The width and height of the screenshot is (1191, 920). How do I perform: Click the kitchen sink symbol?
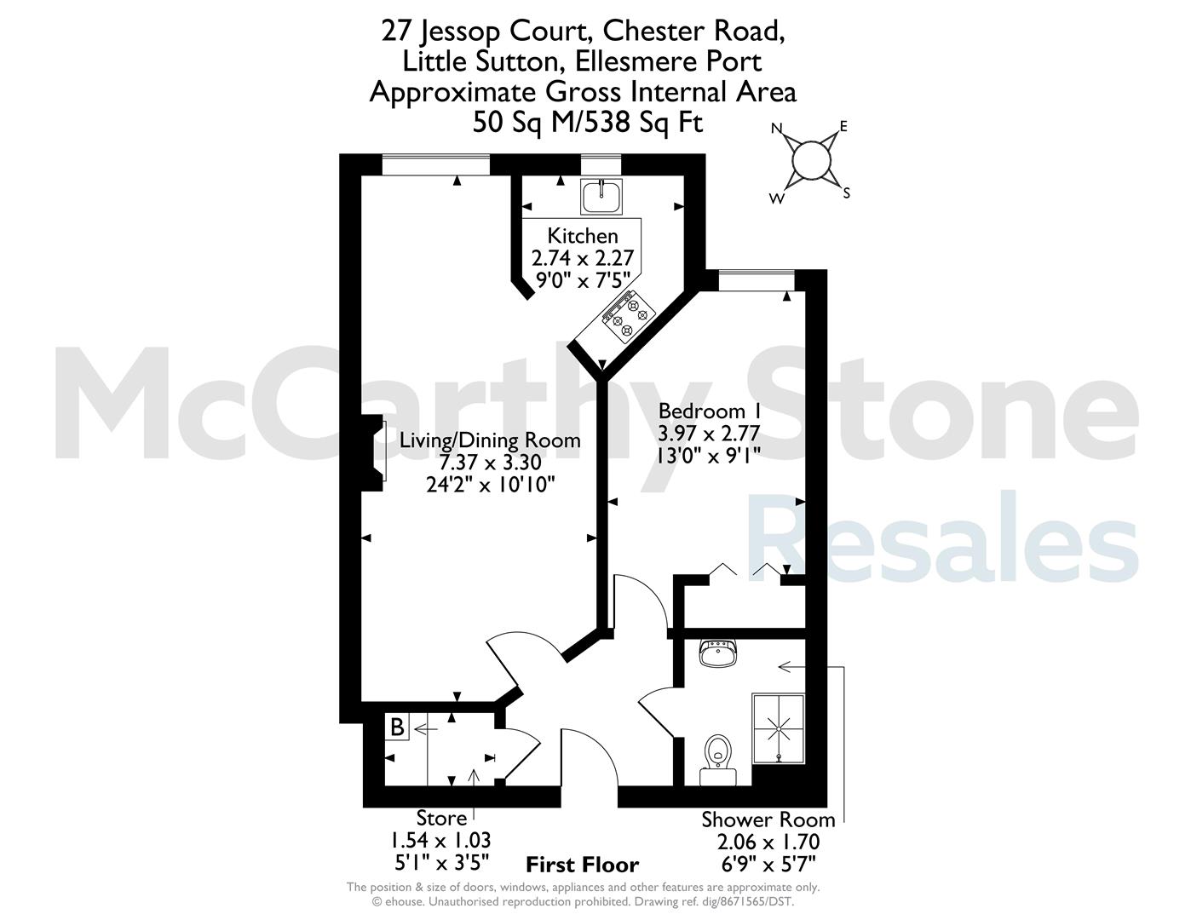pos(601,196)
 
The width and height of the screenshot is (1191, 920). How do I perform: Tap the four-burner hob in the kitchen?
pos(629,316)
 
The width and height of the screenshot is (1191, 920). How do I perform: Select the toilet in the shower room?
pos(717,760)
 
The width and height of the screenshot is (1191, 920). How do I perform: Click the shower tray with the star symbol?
pos(779,729)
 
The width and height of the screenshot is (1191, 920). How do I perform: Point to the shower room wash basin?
pos(717,653)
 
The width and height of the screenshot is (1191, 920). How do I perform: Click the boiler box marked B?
pos(397,727)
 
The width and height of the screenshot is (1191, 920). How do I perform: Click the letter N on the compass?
pos(777,129)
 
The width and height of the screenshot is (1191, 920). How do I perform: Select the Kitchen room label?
pos(582,236)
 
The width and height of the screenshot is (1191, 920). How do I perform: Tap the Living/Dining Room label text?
pos(490,440)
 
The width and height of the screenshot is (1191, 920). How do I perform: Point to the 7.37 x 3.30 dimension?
pos(490,463)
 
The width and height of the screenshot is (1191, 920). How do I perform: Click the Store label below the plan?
pos(441,819)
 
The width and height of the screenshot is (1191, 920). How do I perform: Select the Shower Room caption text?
pos(768,819)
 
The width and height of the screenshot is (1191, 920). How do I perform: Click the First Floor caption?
pos(582,865)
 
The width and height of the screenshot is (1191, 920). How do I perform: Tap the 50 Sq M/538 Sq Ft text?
pos(588,123)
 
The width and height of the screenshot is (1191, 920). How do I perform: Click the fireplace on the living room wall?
pos(374,452)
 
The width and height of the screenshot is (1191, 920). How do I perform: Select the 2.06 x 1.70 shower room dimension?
pos(768,842)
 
